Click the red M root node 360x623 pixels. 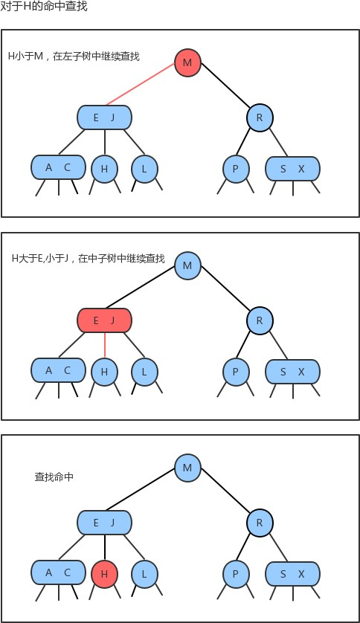click(187, 62)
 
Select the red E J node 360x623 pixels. click(104, 320)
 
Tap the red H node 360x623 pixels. click(104, 573)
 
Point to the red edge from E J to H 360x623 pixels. click(104, 345)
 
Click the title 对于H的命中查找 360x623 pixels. click(45, 7)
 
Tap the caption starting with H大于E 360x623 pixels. click(88, 259)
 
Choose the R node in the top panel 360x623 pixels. click(260, 117)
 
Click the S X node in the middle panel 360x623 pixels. click(292, 371)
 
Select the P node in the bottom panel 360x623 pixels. click(235, 573)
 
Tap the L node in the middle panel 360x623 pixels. click(144, 371)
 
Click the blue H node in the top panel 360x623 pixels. click(104, 169)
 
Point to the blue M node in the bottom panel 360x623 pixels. click(187, 467)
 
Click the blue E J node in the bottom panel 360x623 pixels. click(104, 523)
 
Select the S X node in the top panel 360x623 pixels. click(292, 169)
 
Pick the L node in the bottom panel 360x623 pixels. click(144, 573)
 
